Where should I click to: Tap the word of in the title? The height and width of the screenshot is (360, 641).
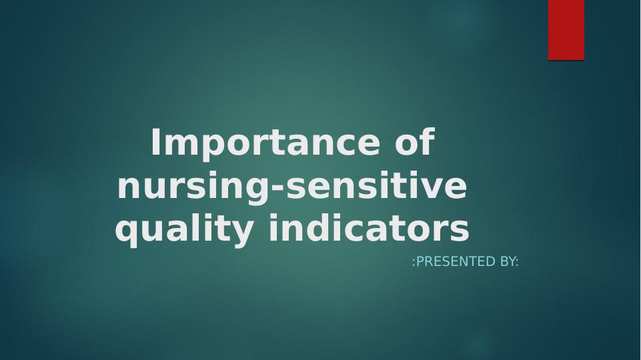pos(414,141)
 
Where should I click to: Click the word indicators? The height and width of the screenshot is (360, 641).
pos(369,227)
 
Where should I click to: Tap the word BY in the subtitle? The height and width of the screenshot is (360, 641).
pos(508,261)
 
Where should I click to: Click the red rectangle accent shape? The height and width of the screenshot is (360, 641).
pos(566,30)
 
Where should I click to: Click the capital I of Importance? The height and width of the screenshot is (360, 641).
pos(155,142)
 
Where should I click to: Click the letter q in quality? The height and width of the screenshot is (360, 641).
pos(127,233)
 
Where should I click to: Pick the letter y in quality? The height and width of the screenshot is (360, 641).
pos(241,233)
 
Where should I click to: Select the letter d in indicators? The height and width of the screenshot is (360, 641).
pos(315,227)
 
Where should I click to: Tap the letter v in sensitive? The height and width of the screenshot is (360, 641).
pos(428,189)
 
